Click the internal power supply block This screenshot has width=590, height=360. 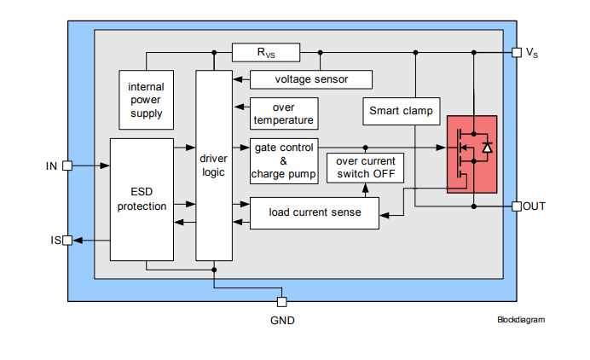[x=145, y=101]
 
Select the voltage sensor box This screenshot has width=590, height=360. [x=311, y=79]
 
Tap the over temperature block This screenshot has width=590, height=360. [x=282, y=114]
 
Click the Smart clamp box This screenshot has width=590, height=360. [x=401, y=111]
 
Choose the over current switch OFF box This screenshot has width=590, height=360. [x=366, y=168]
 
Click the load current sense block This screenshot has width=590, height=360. [x=314, y=212]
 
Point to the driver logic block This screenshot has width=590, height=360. [x=214, y=165]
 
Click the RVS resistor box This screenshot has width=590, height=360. [x=266, y=53]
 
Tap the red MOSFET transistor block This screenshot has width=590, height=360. [x=472, y=154]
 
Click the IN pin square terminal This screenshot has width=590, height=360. [x=68, y=165]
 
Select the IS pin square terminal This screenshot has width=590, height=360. [x=68, y=241]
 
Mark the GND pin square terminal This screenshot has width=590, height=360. [x=282, y=301]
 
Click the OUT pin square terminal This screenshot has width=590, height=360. [x=516, y=206]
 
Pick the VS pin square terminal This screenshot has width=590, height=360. [x=516, y=52]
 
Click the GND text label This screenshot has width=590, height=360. [x=282, y=321]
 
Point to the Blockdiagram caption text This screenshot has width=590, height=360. [x=520, y=320]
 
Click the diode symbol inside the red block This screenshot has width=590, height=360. [x=487, y=148]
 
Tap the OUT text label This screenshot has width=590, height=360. [x=535, y=206]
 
